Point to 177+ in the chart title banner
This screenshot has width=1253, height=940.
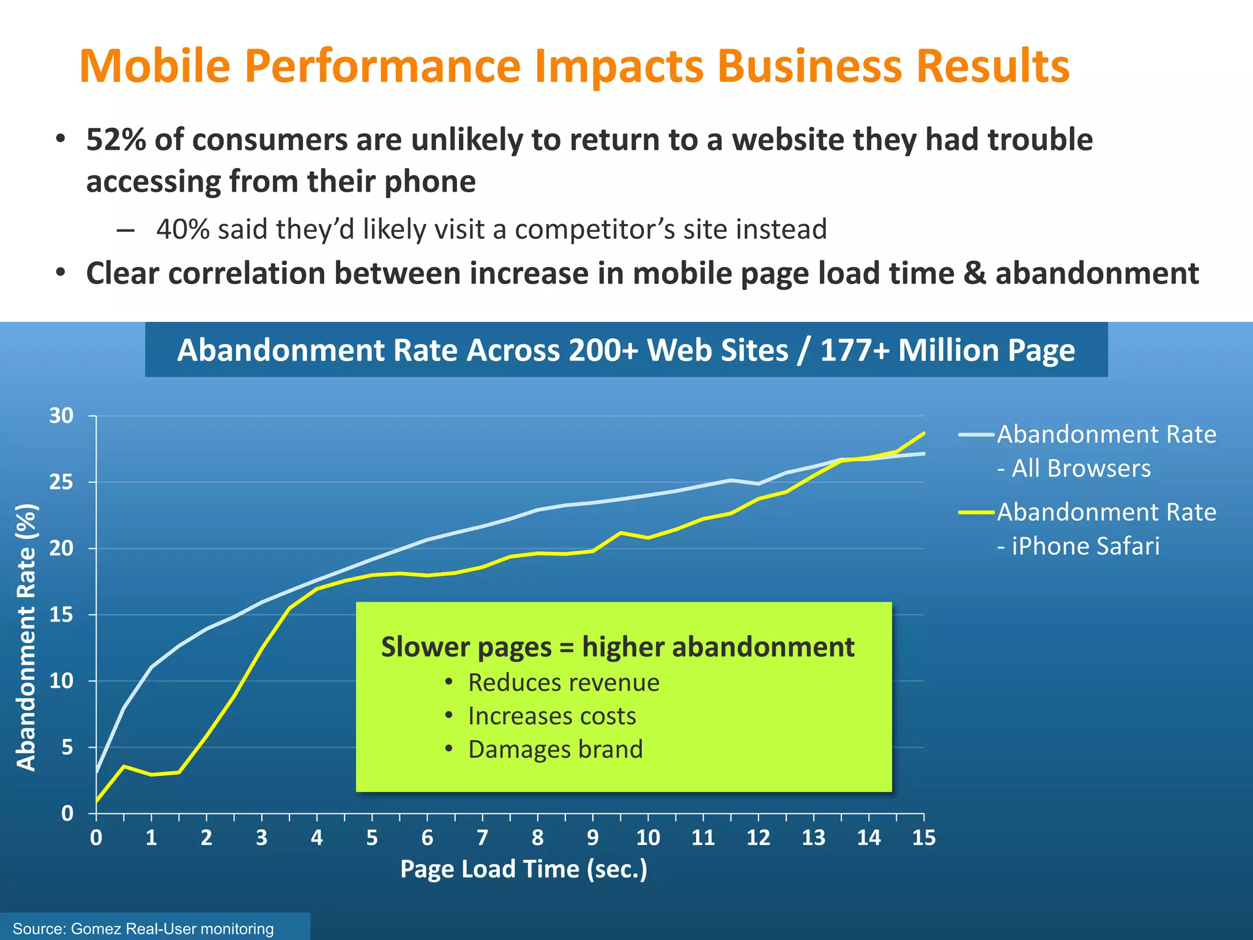point(854,351)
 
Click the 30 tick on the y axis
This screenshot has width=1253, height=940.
point(61,416)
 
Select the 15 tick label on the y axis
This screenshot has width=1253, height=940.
point(61,614)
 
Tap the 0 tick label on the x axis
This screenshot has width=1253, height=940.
point(96,837)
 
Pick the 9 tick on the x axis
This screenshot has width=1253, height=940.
point(592,837)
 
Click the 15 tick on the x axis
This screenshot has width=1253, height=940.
point(923,837)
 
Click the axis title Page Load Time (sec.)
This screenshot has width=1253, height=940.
point(524,869)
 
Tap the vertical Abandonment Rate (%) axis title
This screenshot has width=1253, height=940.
point(26,636)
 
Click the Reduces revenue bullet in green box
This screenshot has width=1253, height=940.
point(563,682)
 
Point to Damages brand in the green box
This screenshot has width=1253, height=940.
point(555,750)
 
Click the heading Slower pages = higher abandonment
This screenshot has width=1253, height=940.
point(617,647)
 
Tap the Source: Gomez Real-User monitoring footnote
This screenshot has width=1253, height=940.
point(143,928)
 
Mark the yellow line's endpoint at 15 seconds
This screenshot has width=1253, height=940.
point(923,433)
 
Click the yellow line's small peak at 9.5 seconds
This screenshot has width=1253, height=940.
point(620,532)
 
